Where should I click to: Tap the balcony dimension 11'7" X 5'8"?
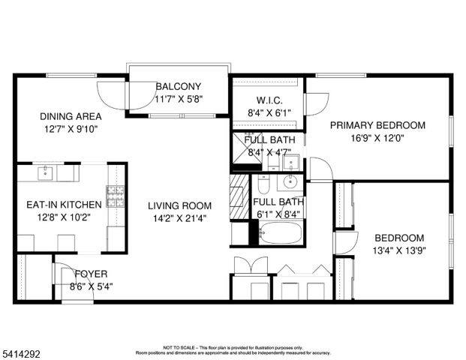[x=179, y=99]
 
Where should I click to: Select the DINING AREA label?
[x=71, y=116]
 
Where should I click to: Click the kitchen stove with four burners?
[x=116, y=196]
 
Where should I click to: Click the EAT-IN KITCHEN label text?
[x=63, y=204]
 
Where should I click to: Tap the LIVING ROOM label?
[x=179, y=205]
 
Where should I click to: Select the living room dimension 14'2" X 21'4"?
[x=179, y=218]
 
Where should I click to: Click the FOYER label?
[x=90, y=274]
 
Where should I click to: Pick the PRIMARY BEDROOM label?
[x=377, y=125]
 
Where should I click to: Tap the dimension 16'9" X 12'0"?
[x=377, y=138]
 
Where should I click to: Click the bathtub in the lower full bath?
[x=280, y=233]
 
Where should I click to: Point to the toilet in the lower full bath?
[x=263, y=184]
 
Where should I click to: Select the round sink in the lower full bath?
[x=290, y=181]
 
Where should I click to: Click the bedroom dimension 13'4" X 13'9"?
[x=398, y=251]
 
